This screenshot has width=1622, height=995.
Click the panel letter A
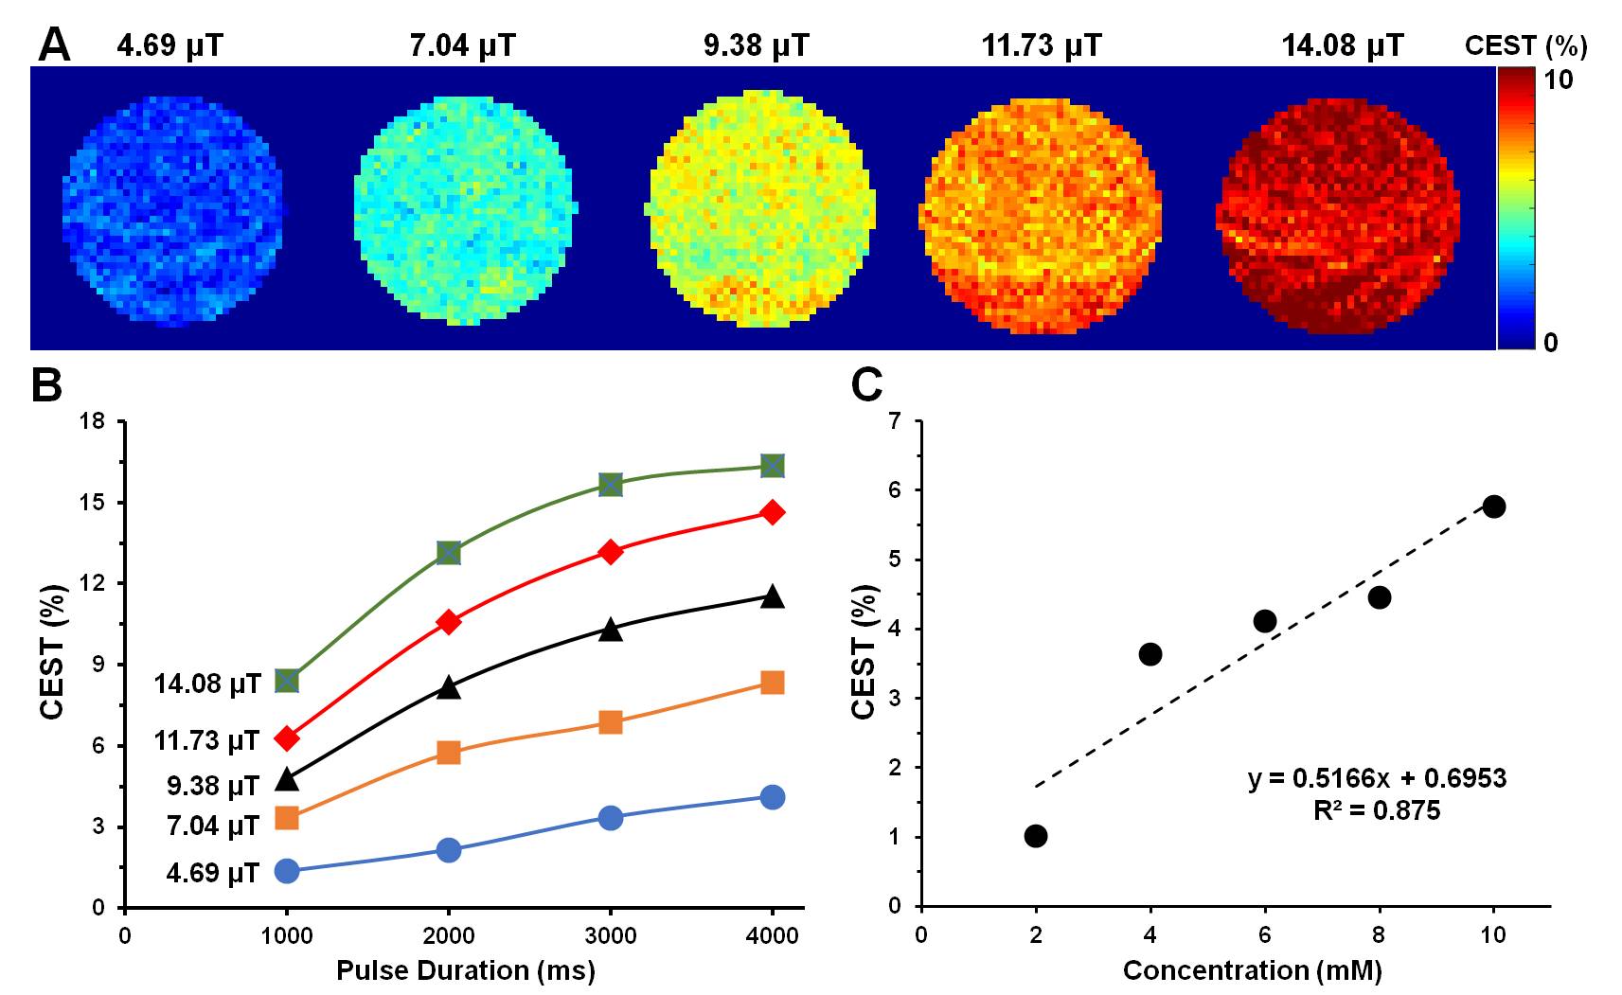[x=54, y=44]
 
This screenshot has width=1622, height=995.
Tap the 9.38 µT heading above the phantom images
[x=756, y=45]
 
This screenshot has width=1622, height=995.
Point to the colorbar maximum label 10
[x=1558, y=80]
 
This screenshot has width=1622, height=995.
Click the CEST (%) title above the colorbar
[x=1525, y=45]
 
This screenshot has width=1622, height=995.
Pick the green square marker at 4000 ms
[x=773, y=466]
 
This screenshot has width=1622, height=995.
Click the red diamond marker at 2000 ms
[x=449, y=622]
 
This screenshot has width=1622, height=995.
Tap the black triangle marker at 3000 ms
[x=611, y=630]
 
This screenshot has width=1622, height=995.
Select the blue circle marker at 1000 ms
[x=287, y=871]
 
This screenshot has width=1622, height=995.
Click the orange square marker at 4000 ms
[x=773, y=683]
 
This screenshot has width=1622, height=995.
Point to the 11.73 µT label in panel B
[x=206, y=739]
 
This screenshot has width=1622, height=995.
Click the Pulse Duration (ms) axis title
[x=465, y=970]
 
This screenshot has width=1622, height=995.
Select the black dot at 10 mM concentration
[x=1494, y=506]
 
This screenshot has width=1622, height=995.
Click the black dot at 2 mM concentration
[x=1036, y=836]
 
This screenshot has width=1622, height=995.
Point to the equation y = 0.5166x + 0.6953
[x=1377, y=778]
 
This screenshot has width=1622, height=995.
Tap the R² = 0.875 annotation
[x=1377, y=810]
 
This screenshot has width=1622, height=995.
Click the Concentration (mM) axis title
[x=1252, y=970]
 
